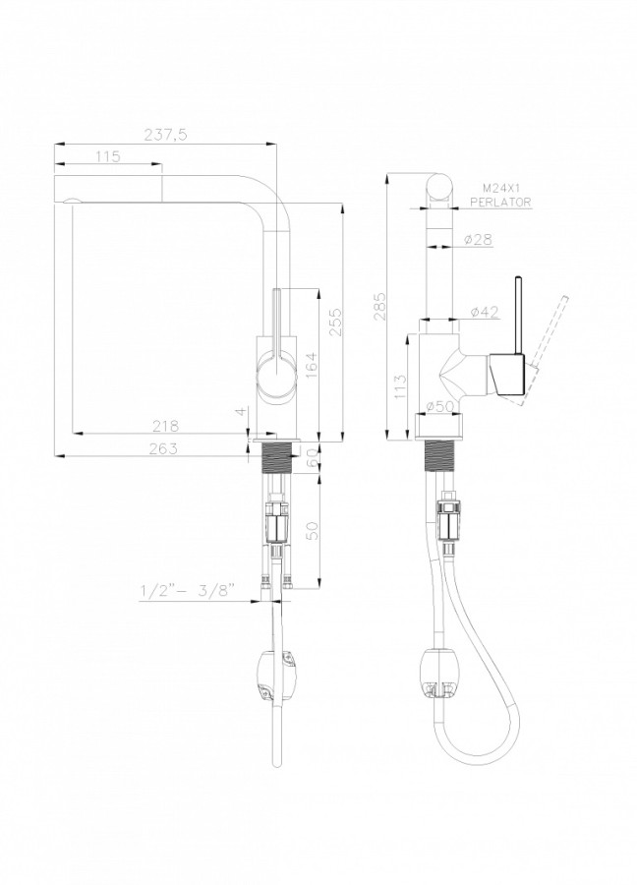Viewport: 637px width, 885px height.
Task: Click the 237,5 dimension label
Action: click(x=165, y=136)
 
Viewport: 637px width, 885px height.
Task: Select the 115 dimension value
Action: click(x=108, y=156)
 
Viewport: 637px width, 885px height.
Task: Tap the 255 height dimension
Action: click(x=335, y=322)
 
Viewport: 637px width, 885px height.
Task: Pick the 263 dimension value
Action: click(x=163, y=448)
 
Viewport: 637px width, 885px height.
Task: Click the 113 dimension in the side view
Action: click(x=400, y=386)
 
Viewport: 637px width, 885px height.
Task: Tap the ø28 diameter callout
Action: click(x=478, y=240)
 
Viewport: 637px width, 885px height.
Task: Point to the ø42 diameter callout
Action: click(x=484, y=312)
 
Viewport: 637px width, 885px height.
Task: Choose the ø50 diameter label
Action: click(x=441, y=406)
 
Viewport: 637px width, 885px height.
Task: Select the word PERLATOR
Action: click(x=501, y=201)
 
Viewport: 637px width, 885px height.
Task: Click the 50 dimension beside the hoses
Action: click(x=313, y=530)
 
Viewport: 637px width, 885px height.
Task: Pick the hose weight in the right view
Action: click(x=441, y=677)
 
